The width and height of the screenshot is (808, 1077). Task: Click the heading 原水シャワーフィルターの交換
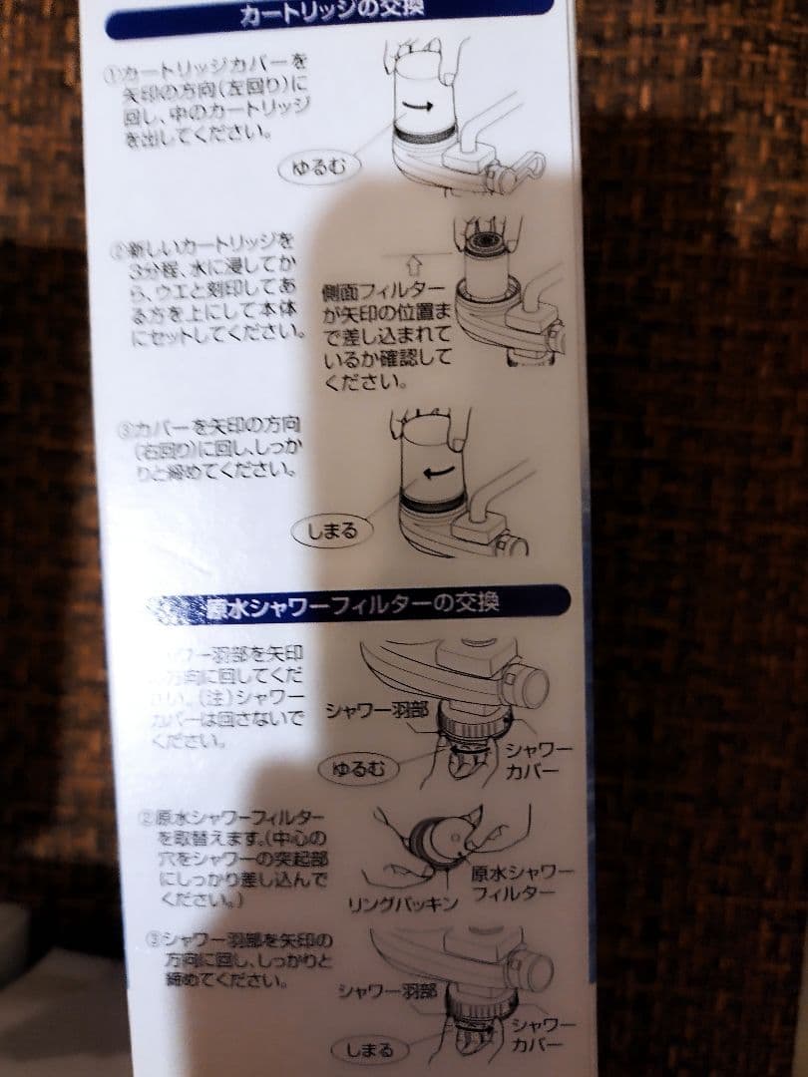click(x=355, y=606)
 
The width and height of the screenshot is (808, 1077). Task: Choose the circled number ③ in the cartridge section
click(x=125, y=431)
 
